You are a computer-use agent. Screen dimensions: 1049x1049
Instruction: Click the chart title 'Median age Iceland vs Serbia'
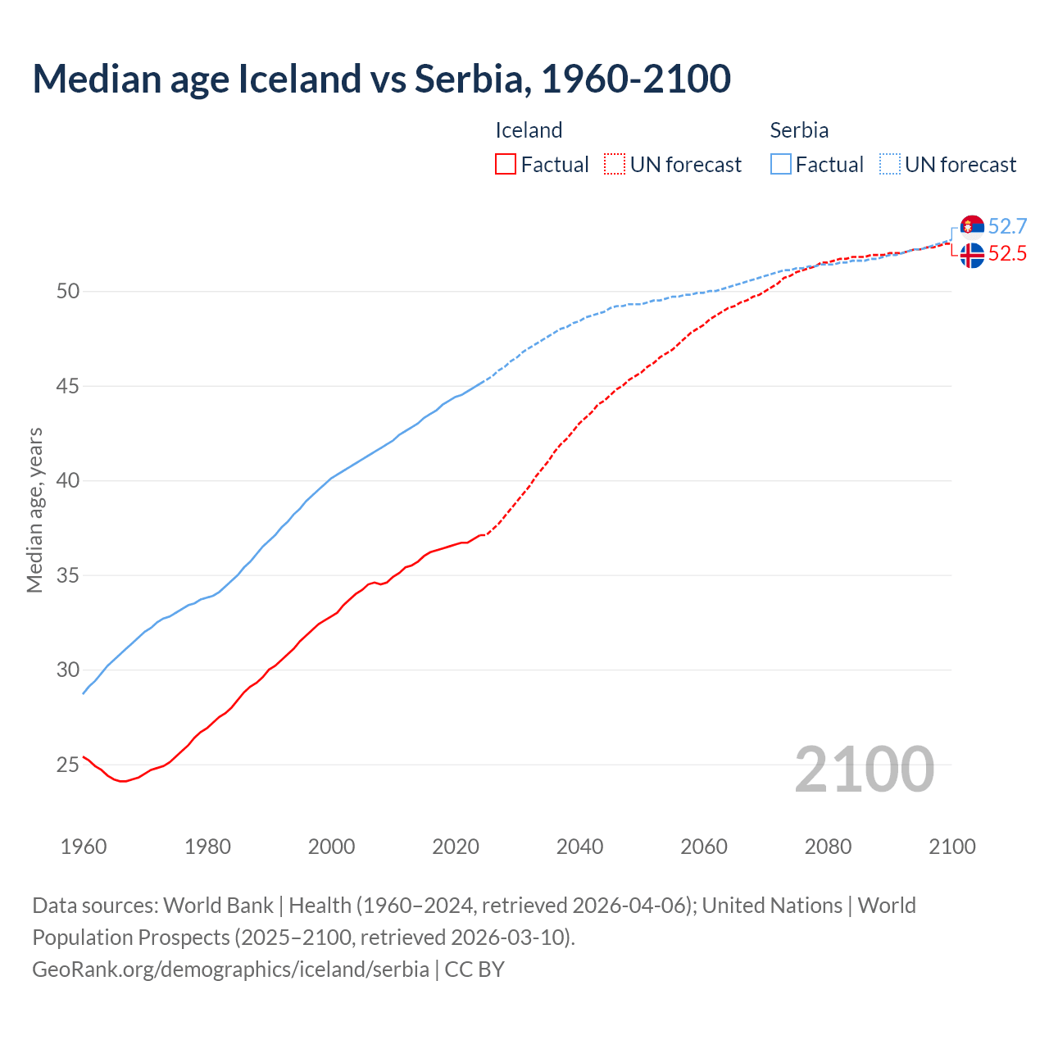381,79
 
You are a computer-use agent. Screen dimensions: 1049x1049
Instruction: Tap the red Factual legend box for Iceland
506,165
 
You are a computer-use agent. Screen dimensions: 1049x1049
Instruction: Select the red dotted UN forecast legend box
615,165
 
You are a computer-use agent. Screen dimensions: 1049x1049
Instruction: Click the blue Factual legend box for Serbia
781,165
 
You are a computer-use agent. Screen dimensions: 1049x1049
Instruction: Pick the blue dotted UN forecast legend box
890,165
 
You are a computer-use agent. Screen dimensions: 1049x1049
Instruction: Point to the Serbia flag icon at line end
972,227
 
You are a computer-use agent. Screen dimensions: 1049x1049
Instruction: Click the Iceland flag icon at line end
972,255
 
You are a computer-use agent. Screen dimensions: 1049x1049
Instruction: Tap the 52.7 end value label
1007,227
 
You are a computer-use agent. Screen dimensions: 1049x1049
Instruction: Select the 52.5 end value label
1007,254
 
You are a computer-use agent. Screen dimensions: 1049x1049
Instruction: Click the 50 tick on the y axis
68,292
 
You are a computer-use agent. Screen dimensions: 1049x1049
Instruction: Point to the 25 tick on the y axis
68,765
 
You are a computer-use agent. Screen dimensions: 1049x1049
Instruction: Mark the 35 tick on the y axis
68,576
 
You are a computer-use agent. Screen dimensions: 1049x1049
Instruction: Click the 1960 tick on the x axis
84,847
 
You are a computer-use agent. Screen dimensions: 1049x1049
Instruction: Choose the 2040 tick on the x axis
579,847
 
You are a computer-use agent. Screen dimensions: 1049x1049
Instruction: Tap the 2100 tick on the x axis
951,847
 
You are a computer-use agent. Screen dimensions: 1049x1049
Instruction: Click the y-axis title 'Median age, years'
34,510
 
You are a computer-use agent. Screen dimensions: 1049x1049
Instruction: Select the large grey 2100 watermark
864,770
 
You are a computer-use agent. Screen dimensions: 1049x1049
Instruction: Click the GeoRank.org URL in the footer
230,970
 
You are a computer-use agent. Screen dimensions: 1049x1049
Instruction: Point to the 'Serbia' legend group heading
799,130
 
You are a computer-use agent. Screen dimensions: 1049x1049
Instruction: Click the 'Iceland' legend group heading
529,130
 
